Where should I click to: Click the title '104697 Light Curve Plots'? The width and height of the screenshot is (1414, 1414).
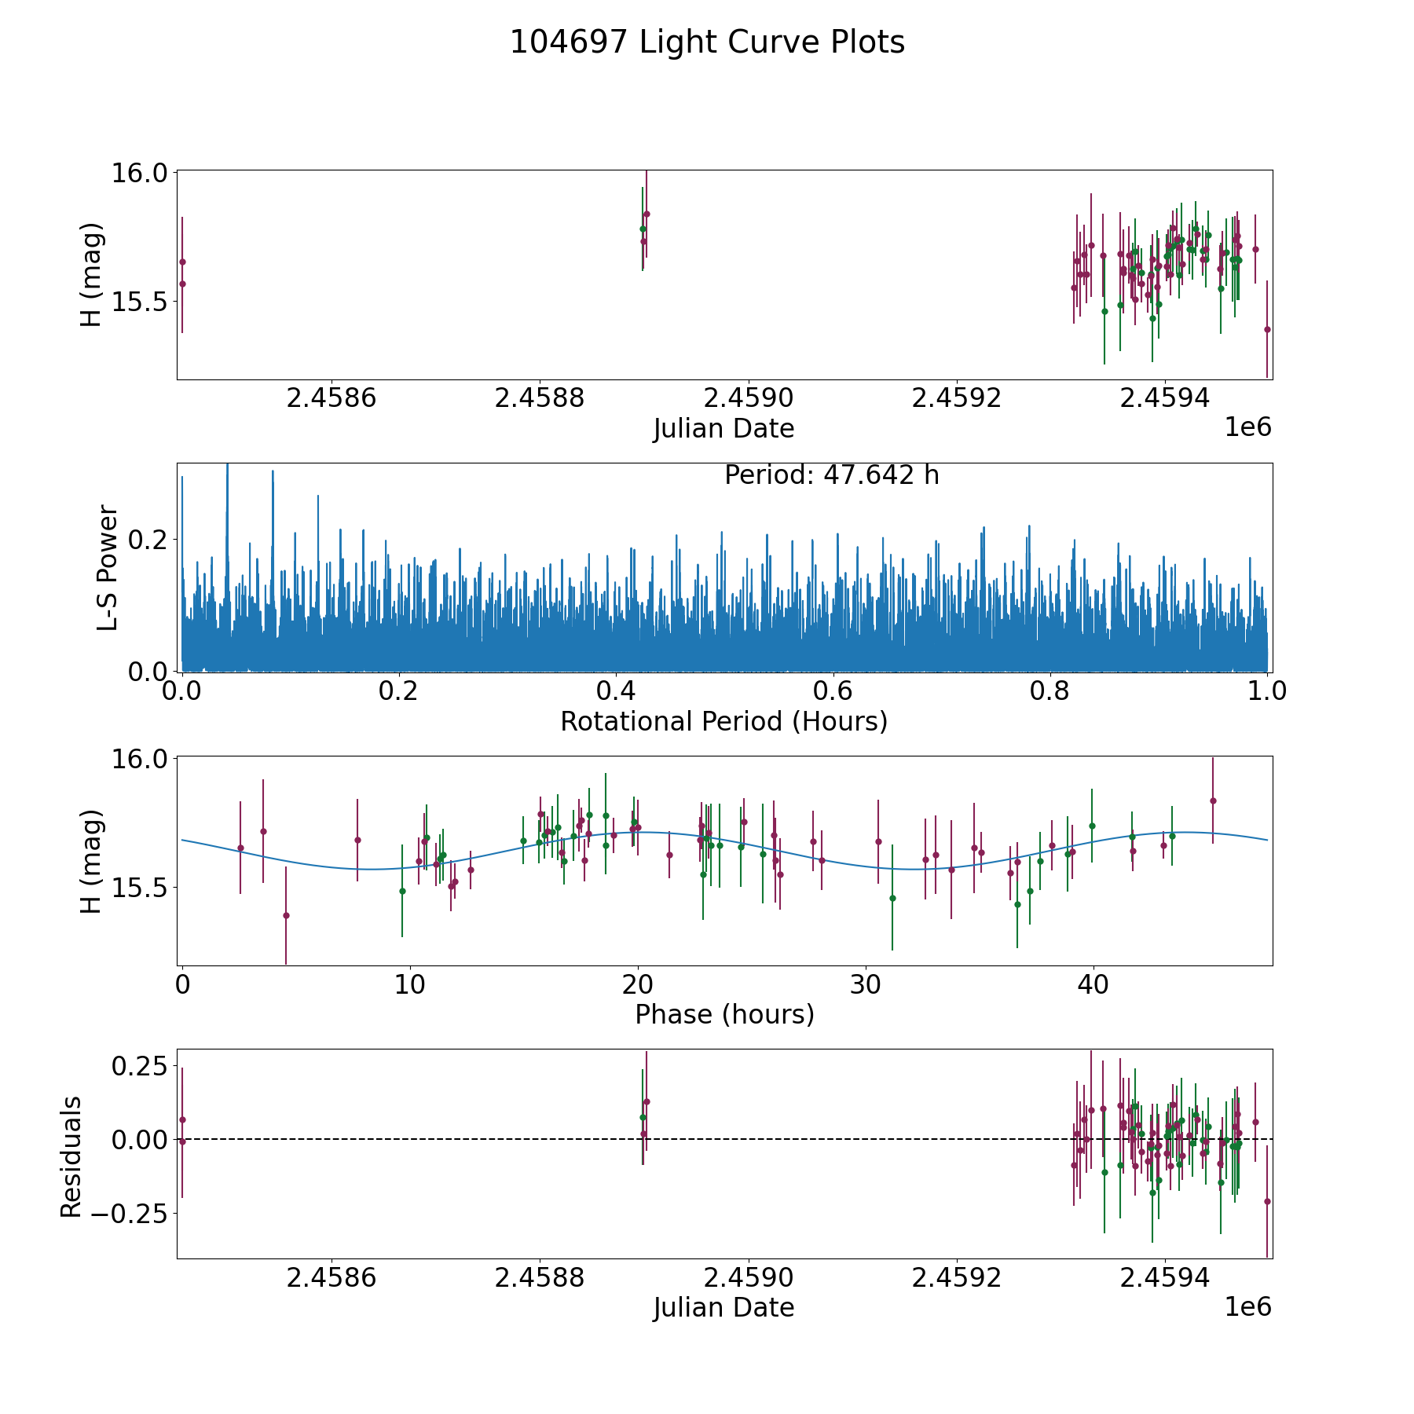[x=707, y=42]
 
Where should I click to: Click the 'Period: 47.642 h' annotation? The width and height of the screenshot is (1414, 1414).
[x=831, y=475]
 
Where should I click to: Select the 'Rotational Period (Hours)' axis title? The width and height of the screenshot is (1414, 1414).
[x=723, y=721]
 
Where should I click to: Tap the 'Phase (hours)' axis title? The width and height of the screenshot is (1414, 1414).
[x=723, y=1014]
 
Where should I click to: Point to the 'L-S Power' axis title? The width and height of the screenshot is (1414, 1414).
[x=108, y=567]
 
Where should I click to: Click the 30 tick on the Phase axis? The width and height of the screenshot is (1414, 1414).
[x=866, y=985]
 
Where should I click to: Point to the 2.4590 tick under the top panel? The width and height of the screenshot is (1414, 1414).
[x=748, y=398]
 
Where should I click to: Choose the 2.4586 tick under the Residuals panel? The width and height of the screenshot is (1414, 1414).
[x=332, y=1278]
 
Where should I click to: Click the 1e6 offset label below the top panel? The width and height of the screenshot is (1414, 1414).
[x=1247, y=427]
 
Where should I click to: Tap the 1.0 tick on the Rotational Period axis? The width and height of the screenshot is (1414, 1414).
[x=1267, y=691]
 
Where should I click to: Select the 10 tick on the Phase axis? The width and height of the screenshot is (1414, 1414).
[x=410, y=985]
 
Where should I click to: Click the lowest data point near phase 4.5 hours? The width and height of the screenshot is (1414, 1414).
[x=286, y=915]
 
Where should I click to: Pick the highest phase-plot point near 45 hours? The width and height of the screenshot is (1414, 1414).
[x=1213, y=800]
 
